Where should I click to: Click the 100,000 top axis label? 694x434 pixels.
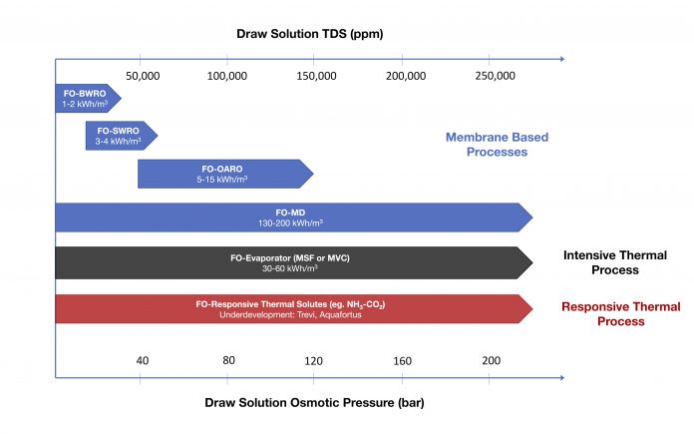tap(227, 76)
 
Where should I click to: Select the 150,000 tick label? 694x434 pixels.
tap(314, 76)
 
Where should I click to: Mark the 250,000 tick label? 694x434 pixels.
tap(494, 76)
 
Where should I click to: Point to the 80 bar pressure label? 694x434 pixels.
tap(227, 360)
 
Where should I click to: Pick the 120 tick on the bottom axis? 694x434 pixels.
tap(314, 360)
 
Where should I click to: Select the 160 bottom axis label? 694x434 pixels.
tap(402, 360)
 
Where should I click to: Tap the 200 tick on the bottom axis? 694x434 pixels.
tap(490, 360)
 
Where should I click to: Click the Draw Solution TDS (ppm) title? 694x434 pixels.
tap(309, 34)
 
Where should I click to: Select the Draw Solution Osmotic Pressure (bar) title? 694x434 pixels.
tap(309, 403)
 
